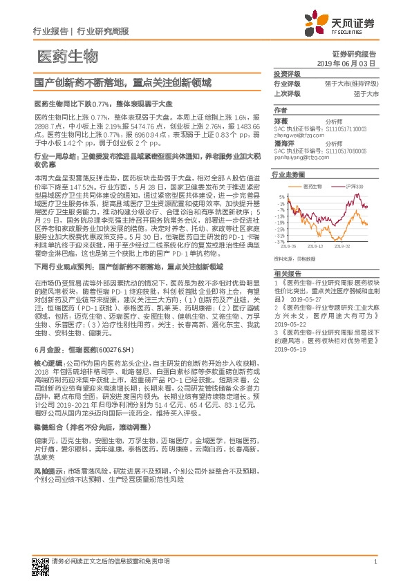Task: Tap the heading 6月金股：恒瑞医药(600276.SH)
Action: tap(68, 350)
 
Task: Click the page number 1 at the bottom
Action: tap(374, 562)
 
